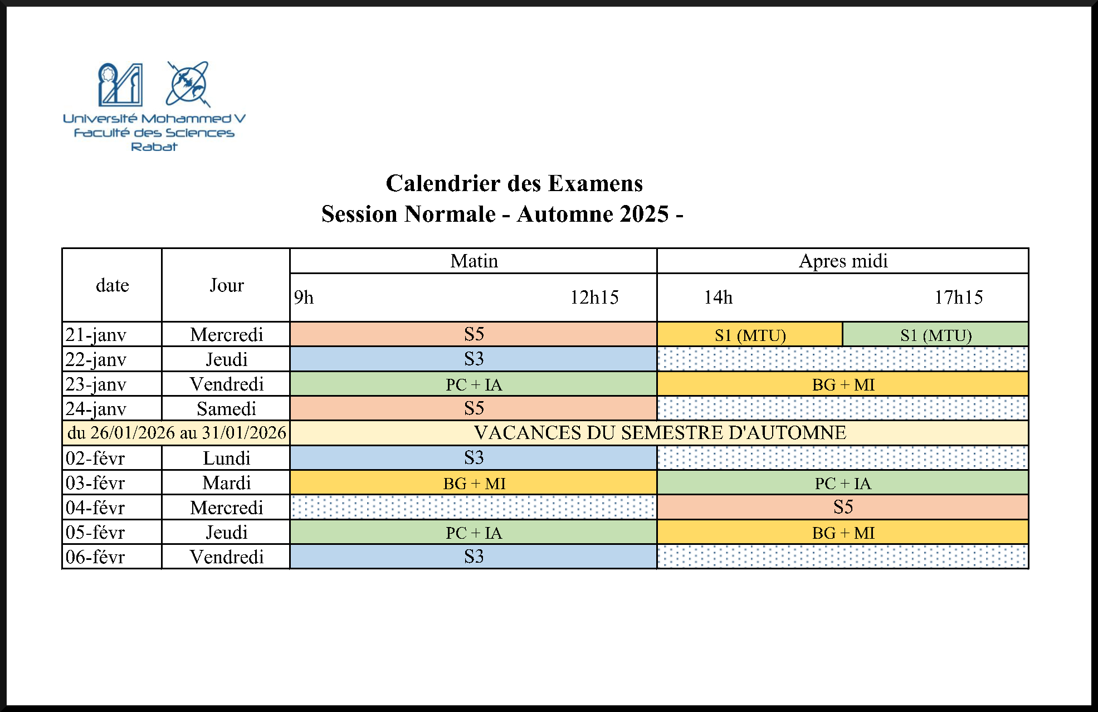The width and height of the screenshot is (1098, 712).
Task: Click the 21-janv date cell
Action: click(111, 334)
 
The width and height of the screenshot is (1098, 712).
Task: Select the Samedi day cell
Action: click(226, 408)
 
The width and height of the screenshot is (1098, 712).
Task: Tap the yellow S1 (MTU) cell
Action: click(750, 335)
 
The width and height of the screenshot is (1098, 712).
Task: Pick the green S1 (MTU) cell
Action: click(935, 335)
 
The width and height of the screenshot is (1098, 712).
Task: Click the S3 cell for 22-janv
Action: click(474, 359)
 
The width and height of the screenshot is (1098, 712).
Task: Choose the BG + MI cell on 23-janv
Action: click(843, 384)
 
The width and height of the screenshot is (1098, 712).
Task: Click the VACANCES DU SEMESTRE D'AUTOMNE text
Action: click(660, 433)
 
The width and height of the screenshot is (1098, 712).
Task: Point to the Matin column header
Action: click(474, 261)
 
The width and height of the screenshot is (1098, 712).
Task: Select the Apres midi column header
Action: click(843, 261)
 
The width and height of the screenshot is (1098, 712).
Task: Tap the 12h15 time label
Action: click(594, 298)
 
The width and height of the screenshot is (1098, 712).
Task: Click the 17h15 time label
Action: click(958, 298)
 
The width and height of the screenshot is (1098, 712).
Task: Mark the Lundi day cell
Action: click(226, 458)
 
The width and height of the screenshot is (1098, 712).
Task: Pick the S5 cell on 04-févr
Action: click(843, 507)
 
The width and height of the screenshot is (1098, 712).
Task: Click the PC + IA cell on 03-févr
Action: click(843, 483)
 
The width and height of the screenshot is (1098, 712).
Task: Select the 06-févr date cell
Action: click(111, 557)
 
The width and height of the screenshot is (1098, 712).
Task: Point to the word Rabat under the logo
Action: click(154, 147)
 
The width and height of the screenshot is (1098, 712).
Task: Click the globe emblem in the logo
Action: click(188, 84)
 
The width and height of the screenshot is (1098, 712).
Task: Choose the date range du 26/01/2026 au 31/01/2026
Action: click(177, 433)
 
